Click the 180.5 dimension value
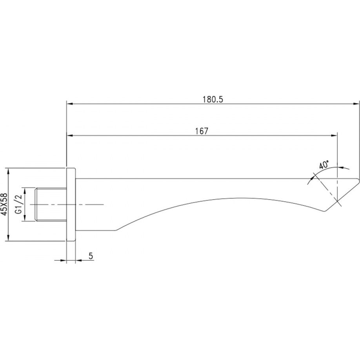(x=213, y=99)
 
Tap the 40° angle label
(x=324, y=165)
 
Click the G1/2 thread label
(x=18, y=204)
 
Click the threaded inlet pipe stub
(x=51, y=205)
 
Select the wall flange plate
(x=71, y=204)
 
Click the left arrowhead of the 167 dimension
(x=70, y=136)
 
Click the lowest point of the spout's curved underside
(x=116, y=230)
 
